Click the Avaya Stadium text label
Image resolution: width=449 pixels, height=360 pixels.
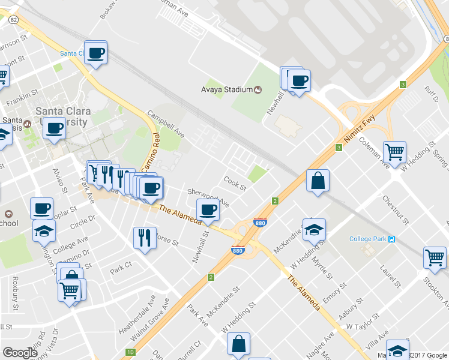click(x=226, y=90)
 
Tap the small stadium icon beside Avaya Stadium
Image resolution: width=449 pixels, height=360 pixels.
click(x=258, y=90)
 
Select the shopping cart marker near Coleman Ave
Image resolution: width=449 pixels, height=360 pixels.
click(x=394, y=152)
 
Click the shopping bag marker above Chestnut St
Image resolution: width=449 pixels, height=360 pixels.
click(x=318, y=181)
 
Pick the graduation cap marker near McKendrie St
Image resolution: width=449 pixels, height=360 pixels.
click(x=313, y=229)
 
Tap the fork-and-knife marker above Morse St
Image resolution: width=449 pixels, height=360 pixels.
click(x=144, y=237)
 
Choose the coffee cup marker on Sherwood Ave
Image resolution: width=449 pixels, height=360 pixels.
click(x=208, y=211)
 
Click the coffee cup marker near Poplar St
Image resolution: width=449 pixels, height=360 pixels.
click(x=41, y=208)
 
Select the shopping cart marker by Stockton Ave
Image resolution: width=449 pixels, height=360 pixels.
click(x=434, y=258)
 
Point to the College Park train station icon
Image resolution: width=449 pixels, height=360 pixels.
click(x=391, y=239)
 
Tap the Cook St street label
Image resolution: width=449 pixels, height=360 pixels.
click(x=235, y=181)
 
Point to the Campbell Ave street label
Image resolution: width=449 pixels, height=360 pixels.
click(x=165, y=123)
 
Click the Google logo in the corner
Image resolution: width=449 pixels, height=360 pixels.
click(x=20, y=353)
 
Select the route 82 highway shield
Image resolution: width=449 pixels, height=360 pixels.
click(x=14, y=19)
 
